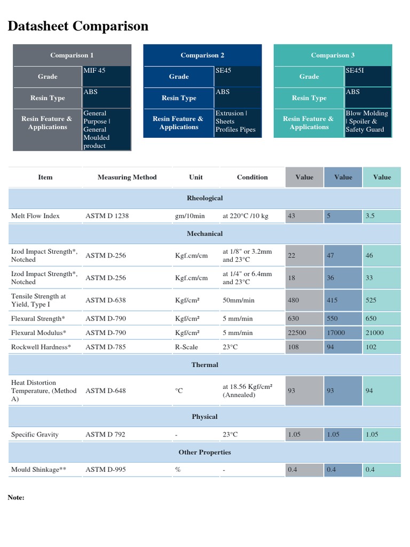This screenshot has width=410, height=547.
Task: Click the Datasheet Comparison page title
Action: [78, 26]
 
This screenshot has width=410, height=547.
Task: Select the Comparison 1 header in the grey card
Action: [72, 55]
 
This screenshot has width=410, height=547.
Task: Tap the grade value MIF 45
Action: [94, 71]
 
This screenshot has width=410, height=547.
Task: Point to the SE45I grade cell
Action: [356, 71]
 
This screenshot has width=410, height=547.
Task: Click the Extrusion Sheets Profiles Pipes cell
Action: [235, 121]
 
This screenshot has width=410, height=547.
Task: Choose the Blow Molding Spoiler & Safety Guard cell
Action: [367, 121]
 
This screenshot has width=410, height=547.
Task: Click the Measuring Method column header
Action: [127, 177]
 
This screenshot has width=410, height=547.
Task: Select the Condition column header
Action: [253, 177]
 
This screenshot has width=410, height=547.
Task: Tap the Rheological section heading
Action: [204, 198]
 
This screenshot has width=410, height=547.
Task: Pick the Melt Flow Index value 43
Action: [291, 216]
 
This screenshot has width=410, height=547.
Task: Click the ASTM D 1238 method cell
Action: [107, 216]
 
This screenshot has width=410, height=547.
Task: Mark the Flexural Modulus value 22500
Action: [297, 333]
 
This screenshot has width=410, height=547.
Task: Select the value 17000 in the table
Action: [335, 333]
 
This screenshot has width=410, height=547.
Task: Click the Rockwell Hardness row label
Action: [41, 347]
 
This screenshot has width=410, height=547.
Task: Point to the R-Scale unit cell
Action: [186, 347]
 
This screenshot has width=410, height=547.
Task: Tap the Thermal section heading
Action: [204, 365]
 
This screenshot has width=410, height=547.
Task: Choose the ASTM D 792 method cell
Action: [105, 434]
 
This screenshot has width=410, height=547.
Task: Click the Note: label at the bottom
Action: [16, 497]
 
